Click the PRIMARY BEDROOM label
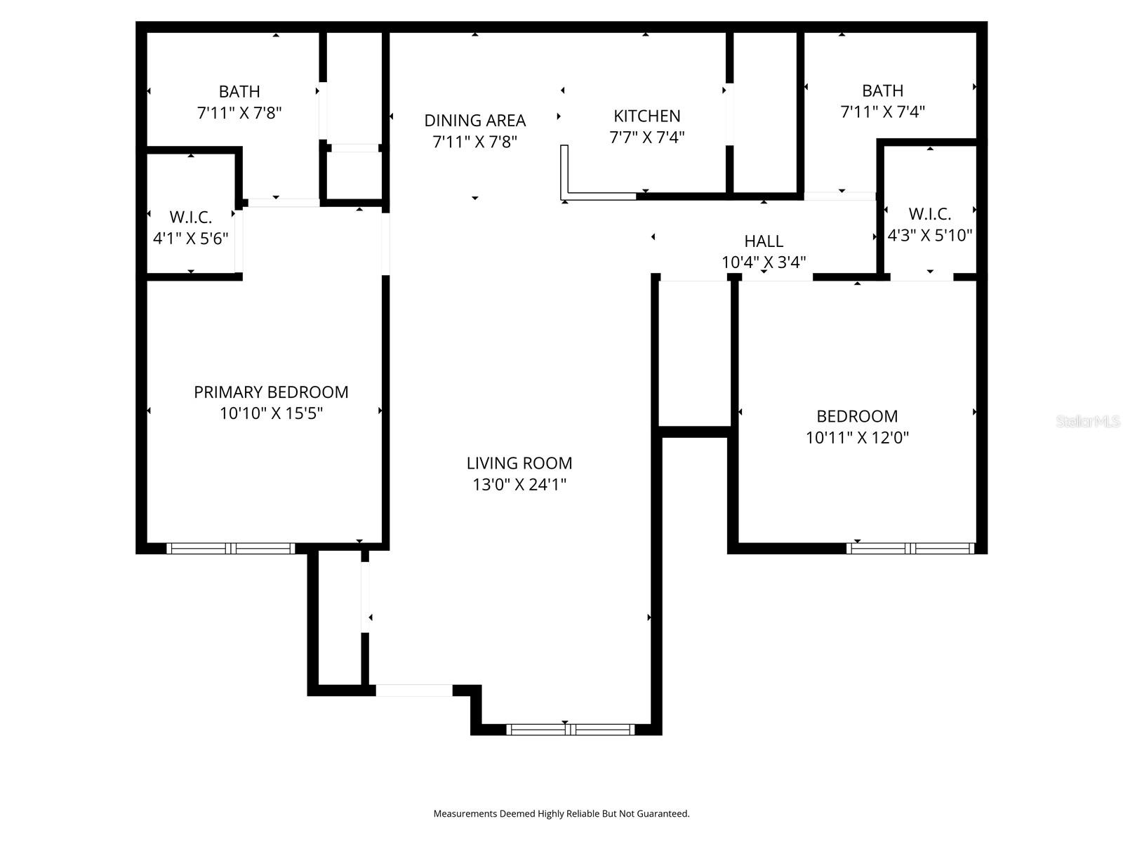pos(271,392)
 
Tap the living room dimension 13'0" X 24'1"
pos(519,484)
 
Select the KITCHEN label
pos(646,116)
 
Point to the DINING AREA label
pos(475,120)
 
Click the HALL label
pos(764,241)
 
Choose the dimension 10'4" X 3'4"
pos(764,262)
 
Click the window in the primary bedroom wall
pos(230,548)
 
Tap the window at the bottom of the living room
pos(570,730)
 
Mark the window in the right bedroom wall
pos(910,548)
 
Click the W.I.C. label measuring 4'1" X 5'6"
pos(190,217)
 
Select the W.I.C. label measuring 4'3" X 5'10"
pos(929,213)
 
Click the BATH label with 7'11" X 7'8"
pos(239,91)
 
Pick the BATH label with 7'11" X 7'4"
pos(882,91)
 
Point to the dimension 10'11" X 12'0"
pos(857,438)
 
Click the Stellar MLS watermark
pos(1087,422)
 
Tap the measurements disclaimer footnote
pos(561,814)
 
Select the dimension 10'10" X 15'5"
pos(271,413)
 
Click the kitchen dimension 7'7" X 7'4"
pos(646,138)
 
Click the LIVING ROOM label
pos(519,463)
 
